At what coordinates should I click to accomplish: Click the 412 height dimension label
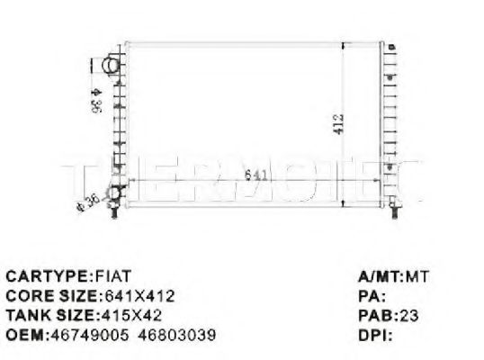tap(338, 123)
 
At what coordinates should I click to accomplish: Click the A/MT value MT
tap(417, 275)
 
